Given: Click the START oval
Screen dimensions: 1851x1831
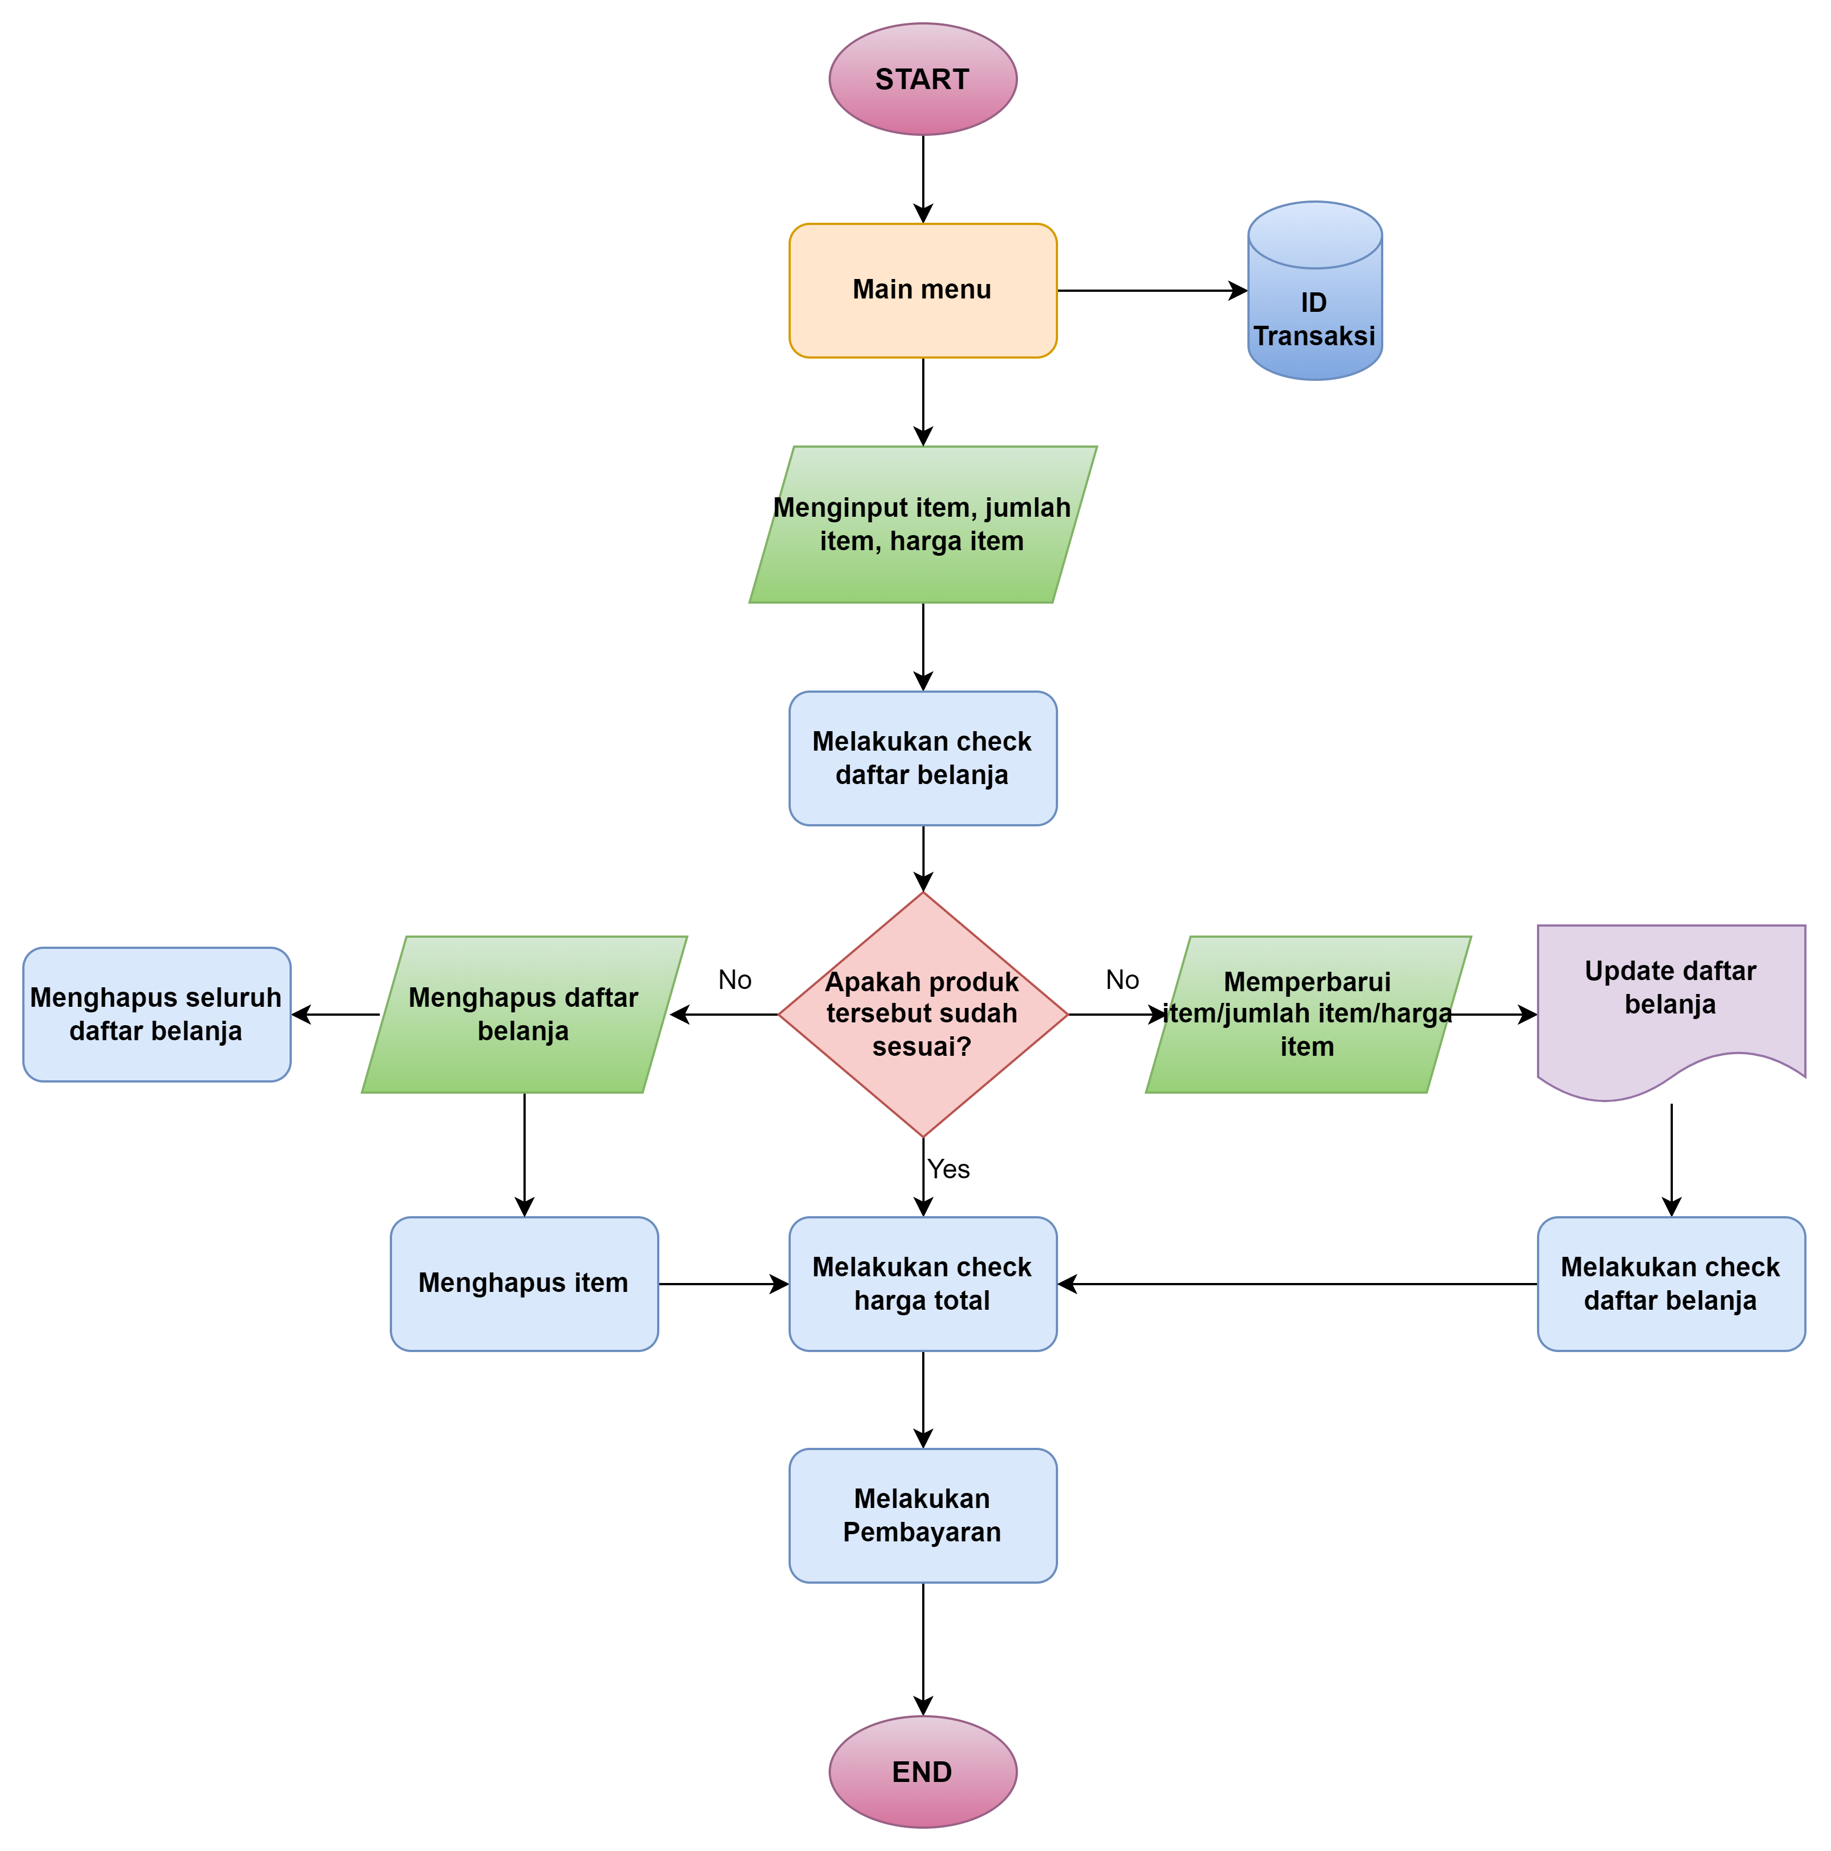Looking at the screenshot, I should [x=923, y=80].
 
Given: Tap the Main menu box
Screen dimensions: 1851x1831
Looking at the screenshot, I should [x=923, y=290].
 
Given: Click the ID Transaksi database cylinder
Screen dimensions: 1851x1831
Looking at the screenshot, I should [x=1315, y=292].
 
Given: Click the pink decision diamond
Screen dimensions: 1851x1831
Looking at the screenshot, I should [x=923, y=1013].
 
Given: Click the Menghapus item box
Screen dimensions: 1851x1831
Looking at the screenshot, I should [x=524, y=1284].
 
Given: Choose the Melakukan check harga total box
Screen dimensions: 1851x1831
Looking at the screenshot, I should [x=923, y=1284].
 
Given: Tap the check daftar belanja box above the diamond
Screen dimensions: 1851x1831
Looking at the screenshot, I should [x=923, y=758].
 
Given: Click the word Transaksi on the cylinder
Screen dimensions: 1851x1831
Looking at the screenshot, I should [x=1315, y=336].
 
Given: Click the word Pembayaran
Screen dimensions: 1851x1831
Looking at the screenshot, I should [x=922, y=1532].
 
